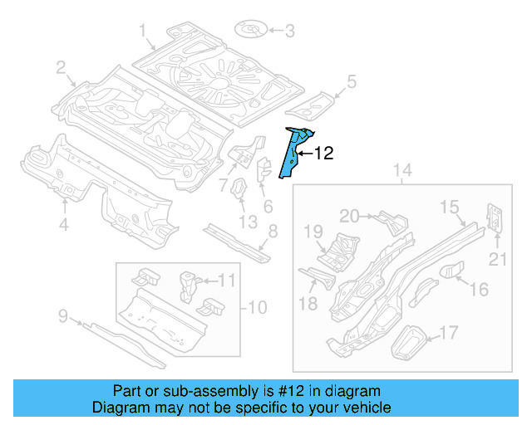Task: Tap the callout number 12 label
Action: click(x=323, y=154)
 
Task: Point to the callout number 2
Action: click(x=62, y=68)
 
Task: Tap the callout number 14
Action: click(x=402, y=171)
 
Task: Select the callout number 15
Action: click(x=450, y=206)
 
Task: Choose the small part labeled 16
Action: click(x=450, y=271)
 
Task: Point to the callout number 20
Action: click(x=349, y=216)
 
